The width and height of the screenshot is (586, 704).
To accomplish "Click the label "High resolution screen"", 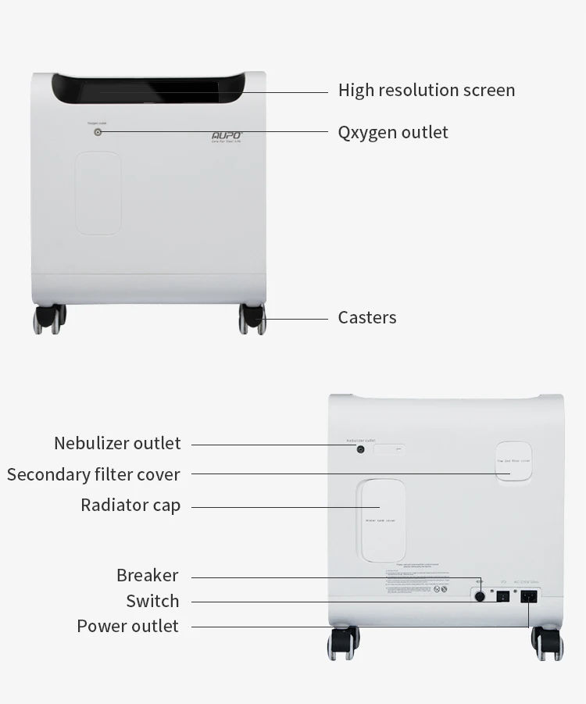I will tap(426, 91).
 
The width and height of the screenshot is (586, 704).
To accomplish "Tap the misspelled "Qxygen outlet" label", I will tap(393, 132).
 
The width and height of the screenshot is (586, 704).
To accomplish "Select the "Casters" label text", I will tap(366, 317).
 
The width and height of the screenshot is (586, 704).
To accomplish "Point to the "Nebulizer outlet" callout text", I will tap(117, 443).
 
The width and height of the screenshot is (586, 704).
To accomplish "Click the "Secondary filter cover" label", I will tap(93, 474).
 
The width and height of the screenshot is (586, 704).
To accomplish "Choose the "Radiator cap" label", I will tap(130, 505).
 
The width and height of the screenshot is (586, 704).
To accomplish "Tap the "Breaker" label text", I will tap(147, 575).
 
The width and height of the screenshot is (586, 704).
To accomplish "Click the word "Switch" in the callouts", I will tap(152, 601).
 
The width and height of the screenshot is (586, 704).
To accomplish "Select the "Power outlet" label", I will tap(127, 626).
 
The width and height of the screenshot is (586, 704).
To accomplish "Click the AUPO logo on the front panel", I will tap(227, 135).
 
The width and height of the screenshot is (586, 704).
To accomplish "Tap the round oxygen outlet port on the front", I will tap(98, 132).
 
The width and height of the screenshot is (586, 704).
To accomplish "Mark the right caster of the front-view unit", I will tap(252, 319).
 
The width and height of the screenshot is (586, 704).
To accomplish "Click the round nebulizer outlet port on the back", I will tap(361, 449).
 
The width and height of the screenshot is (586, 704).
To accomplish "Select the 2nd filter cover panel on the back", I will tap(513, 461).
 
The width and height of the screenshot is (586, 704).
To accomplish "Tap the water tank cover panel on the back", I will tap(381, 520).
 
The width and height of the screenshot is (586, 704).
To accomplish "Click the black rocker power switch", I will tap(503, 596).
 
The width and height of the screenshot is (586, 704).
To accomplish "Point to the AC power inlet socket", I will tap(529, 596).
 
